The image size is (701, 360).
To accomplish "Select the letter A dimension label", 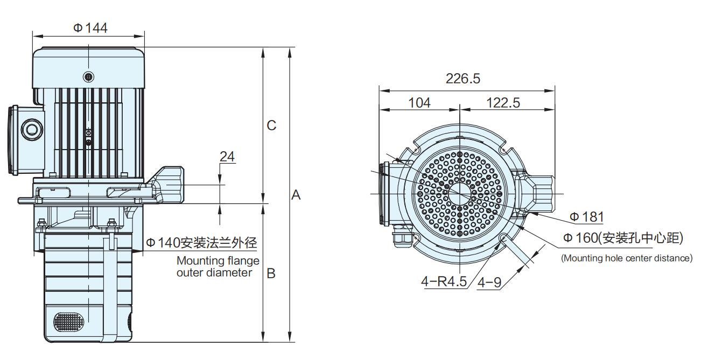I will [296, 195].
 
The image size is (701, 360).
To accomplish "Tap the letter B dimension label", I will [271, 273].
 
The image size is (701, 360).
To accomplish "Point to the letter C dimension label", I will [271, 125].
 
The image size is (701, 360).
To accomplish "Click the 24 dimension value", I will [227, 157].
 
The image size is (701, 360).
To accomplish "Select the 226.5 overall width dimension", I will [462, 79].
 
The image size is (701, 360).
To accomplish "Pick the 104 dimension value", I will [419, 102].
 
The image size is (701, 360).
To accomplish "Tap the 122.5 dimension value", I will [503, 102].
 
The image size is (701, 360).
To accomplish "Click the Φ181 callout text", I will [586, 217].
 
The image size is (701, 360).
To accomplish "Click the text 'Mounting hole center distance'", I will [627, 258].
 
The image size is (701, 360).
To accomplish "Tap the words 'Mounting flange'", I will [218, 261].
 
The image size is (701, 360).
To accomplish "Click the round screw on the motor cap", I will [89, 77].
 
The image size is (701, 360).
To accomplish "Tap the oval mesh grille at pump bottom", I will [68, 322].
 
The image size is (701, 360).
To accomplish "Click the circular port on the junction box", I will [30, 130].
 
